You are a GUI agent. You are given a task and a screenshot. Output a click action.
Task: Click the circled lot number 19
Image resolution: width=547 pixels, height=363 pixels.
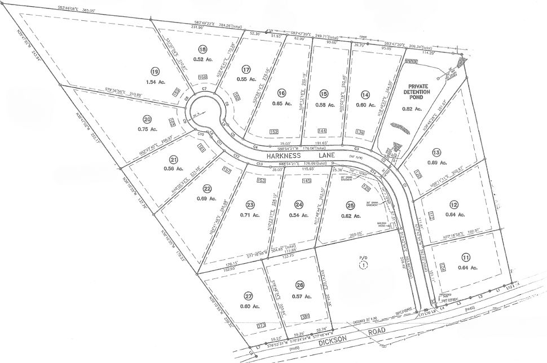[155, 71]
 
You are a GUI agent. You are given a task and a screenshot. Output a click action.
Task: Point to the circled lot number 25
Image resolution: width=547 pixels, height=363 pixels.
[350, 205]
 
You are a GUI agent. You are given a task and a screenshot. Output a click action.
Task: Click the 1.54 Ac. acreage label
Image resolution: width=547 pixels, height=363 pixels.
[155, 83]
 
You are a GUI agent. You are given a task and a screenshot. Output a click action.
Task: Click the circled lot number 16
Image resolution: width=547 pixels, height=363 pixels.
[282, 94]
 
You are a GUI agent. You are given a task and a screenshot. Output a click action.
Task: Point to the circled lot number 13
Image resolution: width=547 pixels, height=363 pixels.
[451, 152]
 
